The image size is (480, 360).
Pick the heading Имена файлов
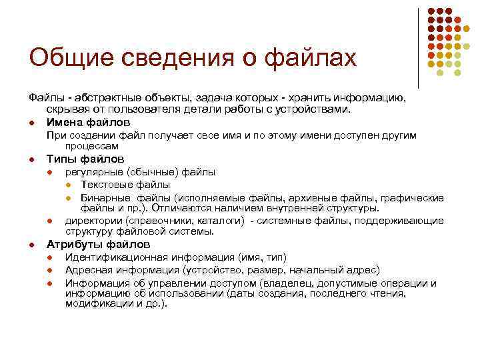click(88, 121)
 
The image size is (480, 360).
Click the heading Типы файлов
click(85, 159)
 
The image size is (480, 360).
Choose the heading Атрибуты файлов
click(97, 245)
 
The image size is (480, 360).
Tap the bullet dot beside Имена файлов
click(31, 122)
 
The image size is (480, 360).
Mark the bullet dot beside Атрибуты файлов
click(31, 245)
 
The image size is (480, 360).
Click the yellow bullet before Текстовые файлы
click(69, 185)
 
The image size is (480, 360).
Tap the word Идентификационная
click(116, 258)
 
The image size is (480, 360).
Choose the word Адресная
click(90, 270)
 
